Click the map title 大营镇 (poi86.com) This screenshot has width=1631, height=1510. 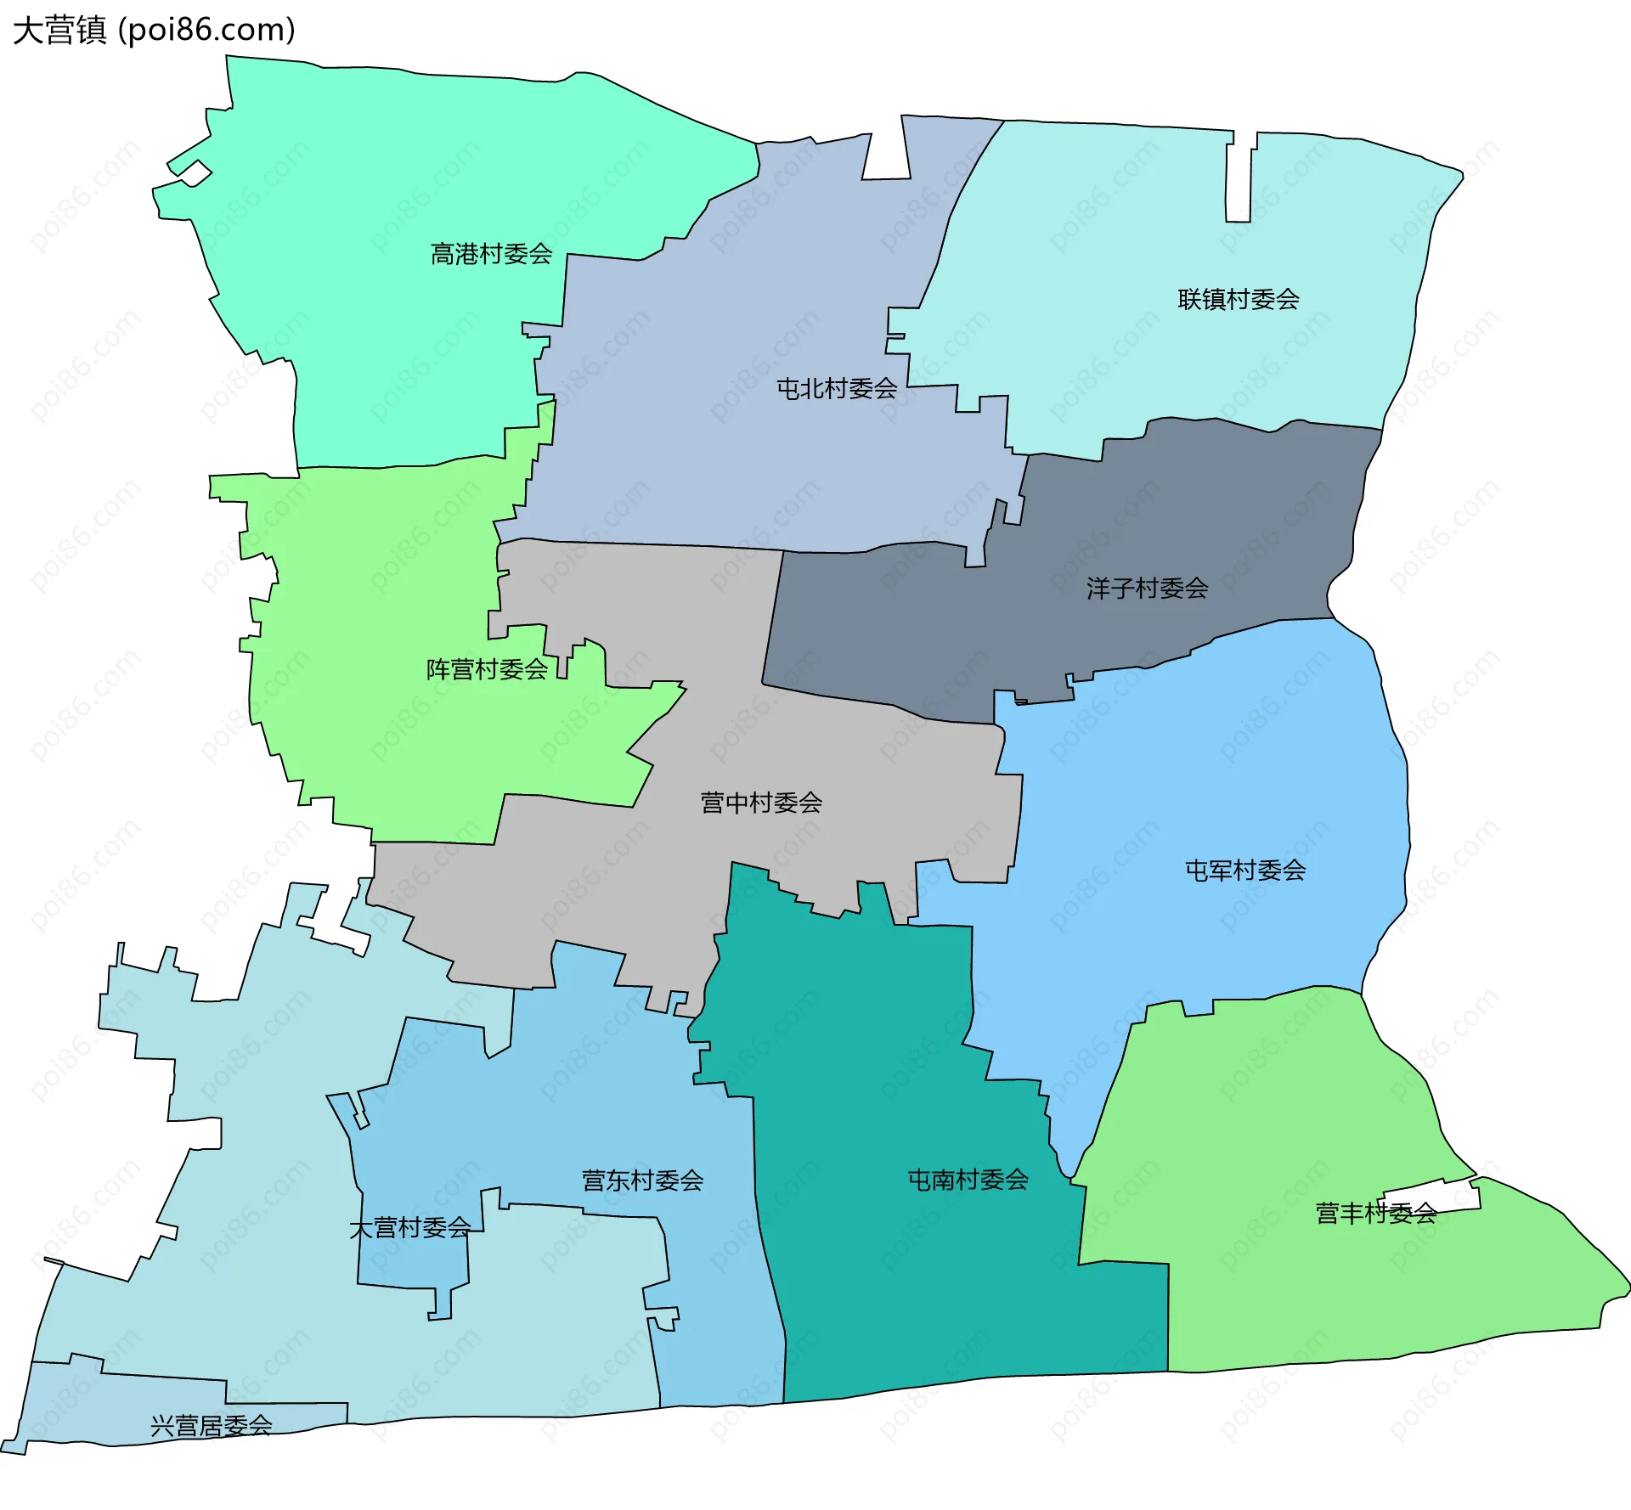coord(154,30)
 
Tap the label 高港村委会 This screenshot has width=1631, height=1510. coord(491,254)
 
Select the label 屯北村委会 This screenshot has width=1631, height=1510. coord(837,389)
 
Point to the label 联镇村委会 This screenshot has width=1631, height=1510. coord(1238,299)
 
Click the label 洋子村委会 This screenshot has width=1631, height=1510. coord(1147,588)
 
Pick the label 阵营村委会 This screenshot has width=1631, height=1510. coord(487,669)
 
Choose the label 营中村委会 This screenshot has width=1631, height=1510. coord(761,803)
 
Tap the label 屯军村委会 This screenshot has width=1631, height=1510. coord(1245,870)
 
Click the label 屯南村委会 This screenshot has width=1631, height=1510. coord(968,1179)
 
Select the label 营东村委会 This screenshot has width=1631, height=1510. coord(642,1180)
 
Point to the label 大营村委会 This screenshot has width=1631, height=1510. coord(409,1228)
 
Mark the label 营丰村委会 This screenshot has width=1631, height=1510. coord(1375,1214)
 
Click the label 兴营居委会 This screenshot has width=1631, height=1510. coord(211,1425)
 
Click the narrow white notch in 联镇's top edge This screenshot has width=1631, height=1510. coord(1239,178)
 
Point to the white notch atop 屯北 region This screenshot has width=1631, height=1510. coord(886,153)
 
